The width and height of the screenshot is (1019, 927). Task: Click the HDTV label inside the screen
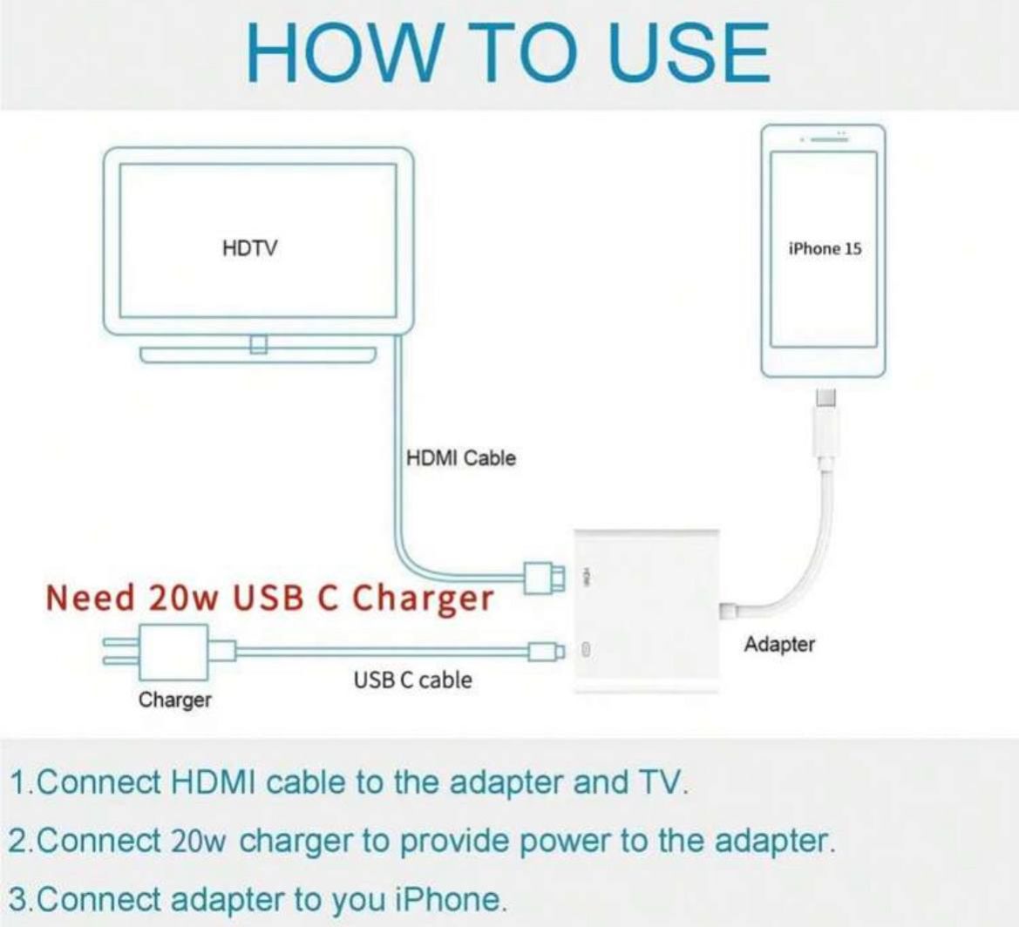[x=249, y=248]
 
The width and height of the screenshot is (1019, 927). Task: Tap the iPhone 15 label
[x=825, y=249]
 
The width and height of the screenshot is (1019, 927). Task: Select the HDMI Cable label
[x=461, y=458]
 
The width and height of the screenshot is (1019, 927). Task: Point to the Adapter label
[x=779, y=645]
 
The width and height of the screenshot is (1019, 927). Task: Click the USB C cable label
[x=412, y=680]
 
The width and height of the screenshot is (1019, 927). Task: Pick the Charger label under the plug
[x=175, y=700]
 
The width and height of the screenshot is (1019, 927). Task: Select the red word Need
[x=91, y=597]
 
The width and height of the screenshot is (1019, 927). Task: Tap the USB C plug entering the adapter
[x=546, y=651]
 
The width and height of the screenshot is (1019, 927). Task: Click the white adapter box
[x=647, y=611]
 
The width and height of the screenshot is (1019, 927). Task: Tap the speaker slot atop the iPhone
[x=825, y=139]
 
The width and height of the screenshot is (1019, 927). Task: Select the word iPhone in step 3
[x=449, y=900]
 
